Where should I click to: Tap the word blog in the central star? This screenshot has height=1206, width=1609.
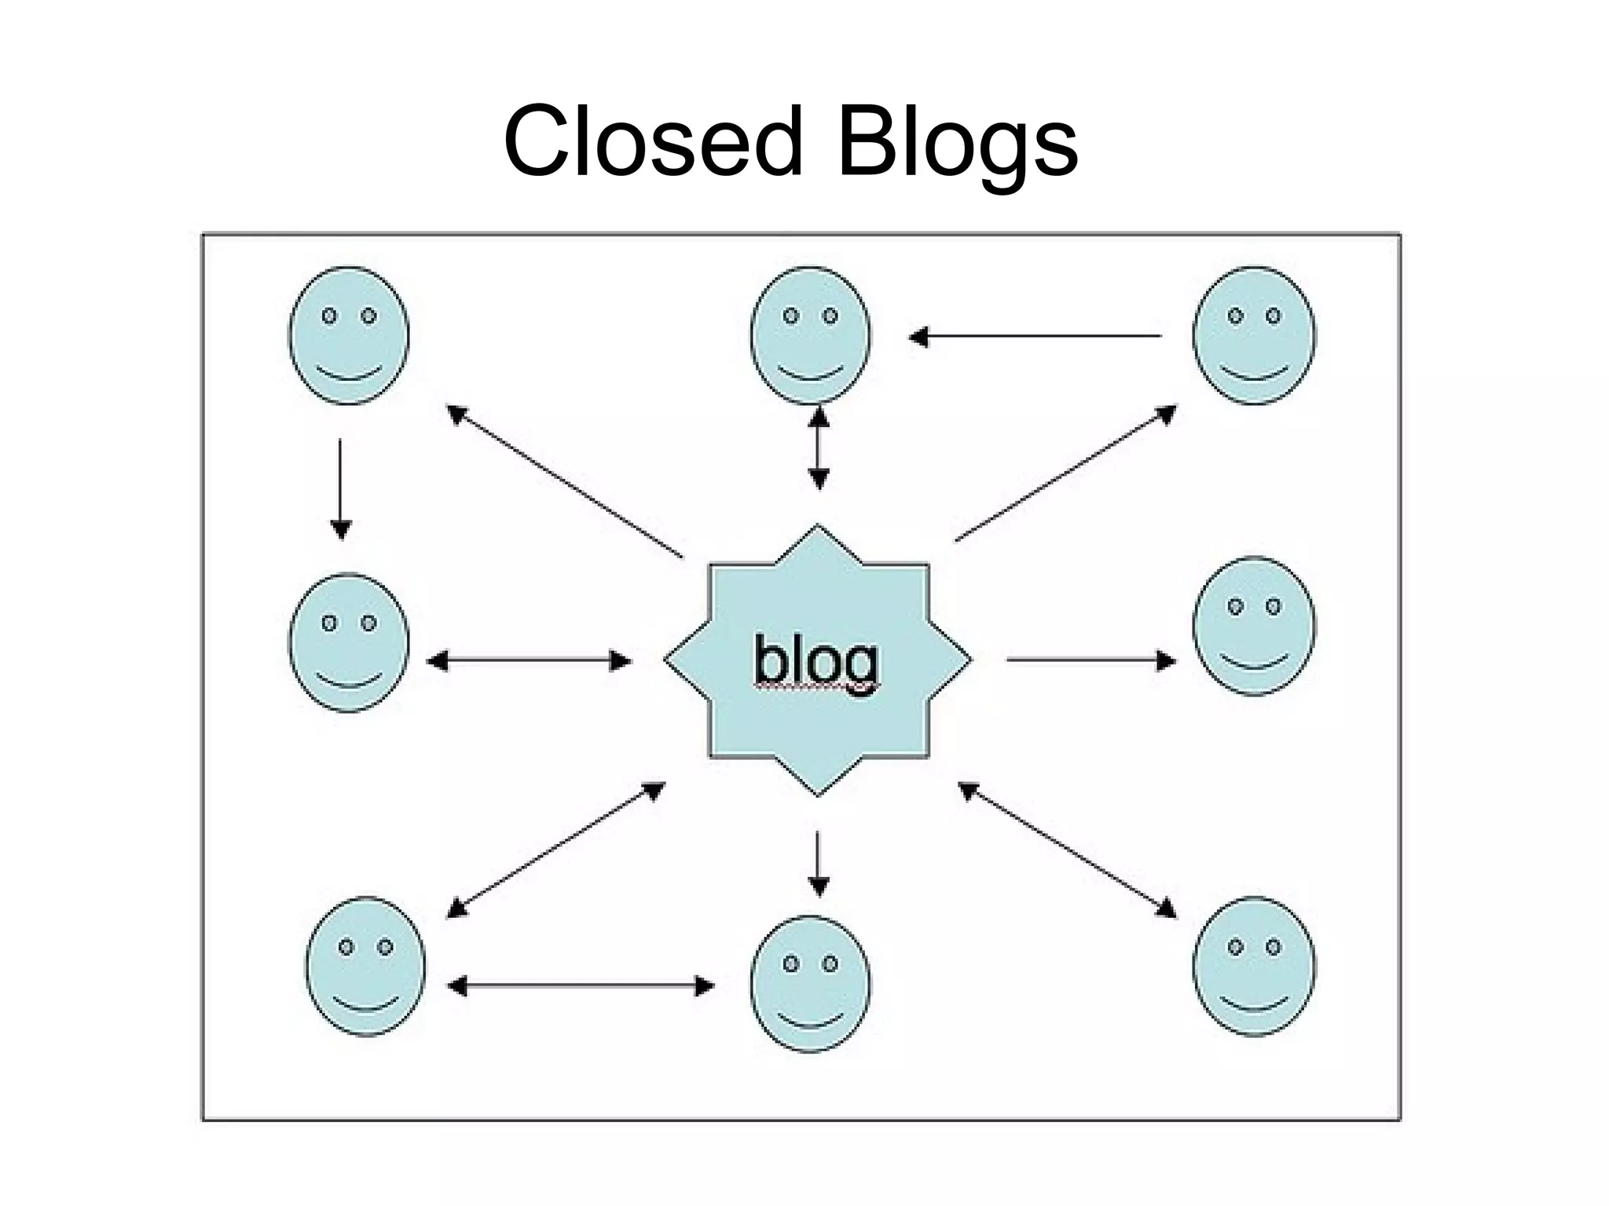click(816, 661)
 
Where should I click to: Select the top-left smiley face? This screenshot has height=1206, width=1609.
click(349, 335)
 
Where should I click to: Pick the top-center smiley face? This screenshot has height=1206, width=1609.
click(810, 335)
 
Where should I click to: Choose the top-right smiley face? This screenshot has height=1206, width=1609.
click(1253, 335)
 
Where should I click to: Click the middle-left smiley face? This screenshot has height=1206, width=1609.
click(349, 642)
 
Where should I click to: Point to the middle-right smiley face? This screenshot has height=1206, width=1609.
click(1253, 626)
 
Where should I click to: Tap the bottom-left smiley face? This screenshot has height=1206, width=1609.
click(365, 966)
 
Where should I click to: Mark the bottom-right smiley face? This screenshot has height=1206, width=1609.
click(1253, 966)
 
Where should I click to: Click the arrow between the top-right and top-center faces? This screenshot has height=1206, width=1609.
click(1035, 336)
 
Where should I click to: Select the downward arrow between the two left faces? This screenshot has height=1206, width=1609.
click(340, 488)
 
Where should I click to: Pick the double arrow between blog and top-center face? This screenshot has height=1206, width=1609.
click(819, 447)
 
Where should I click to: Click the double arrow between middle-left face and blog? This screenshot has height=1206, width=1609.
click(529, 661)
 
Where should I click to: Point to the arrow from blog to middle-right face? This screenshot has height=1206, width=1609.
click(1090, 660)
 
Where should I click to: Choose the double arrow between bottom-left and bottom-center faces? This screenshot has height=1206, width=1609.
click(581, 986)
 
